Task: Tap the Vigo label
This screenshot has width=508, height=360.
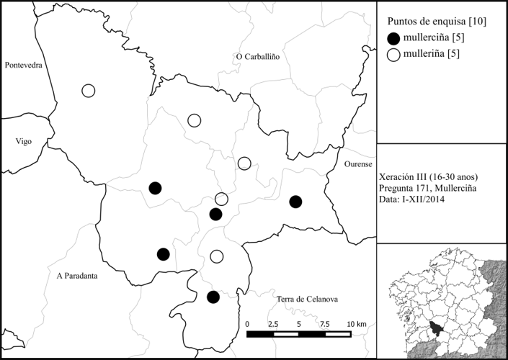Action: tap(24, 141)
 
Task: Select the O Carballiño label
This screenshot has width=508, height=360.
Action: tap(257, 56)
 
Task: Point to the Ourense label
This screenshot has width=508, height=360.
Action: tap(357, 163)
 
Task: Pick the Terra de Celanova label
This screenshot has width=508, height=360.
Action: tap(307, 299)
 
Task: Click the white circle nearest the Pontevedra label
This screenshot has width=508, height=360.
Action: tap(88, 91)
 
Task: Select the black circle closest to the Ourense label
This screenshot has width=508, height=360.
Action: tap(295, 202)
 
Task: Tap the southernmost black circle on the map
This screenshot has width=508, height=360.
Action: tap(213, 297)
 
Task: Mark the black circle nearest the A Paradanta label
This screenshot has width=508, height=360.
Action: tap(164, 253)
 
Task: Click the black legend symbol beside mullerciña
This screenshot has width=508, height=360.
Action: tap(393, 39)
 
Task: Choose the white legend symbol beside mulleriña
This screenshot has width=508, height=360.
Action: tap(393, 54)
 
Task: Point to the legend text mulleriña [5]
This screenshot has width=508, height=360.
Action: tap(432, 54)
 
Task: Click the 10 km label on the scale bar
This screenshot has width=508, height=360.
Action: tap(355, 325)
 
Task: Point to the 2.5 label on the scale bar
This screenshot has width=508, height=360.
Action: tap(272, 325)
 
